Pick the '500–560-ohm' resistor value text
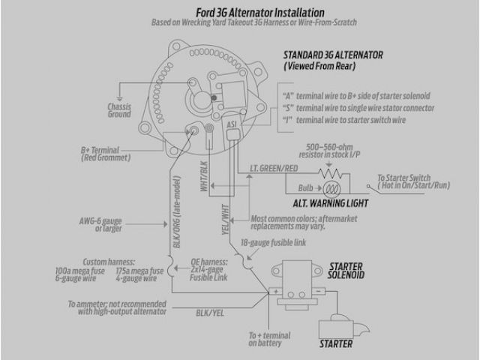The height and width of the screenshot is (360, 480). [x=330, y=146]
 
